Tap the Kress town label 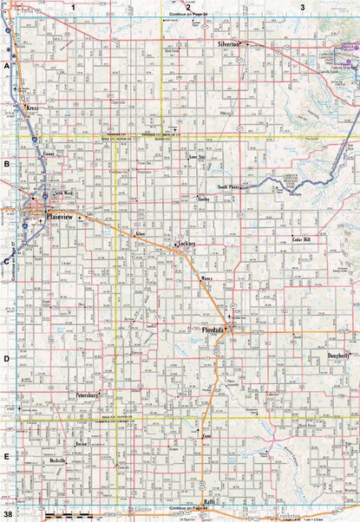click(33, 108)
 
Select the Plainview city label click(62, 216)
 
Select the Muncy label click(206, 279)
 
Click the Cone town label click(206, 437)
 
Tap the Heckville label click(57, 460)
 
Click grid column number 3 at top click(302, 7)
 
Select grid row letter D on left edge click(6, 357)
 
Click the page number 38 click(7, 515)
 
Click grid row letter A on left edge click(6, 66)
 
